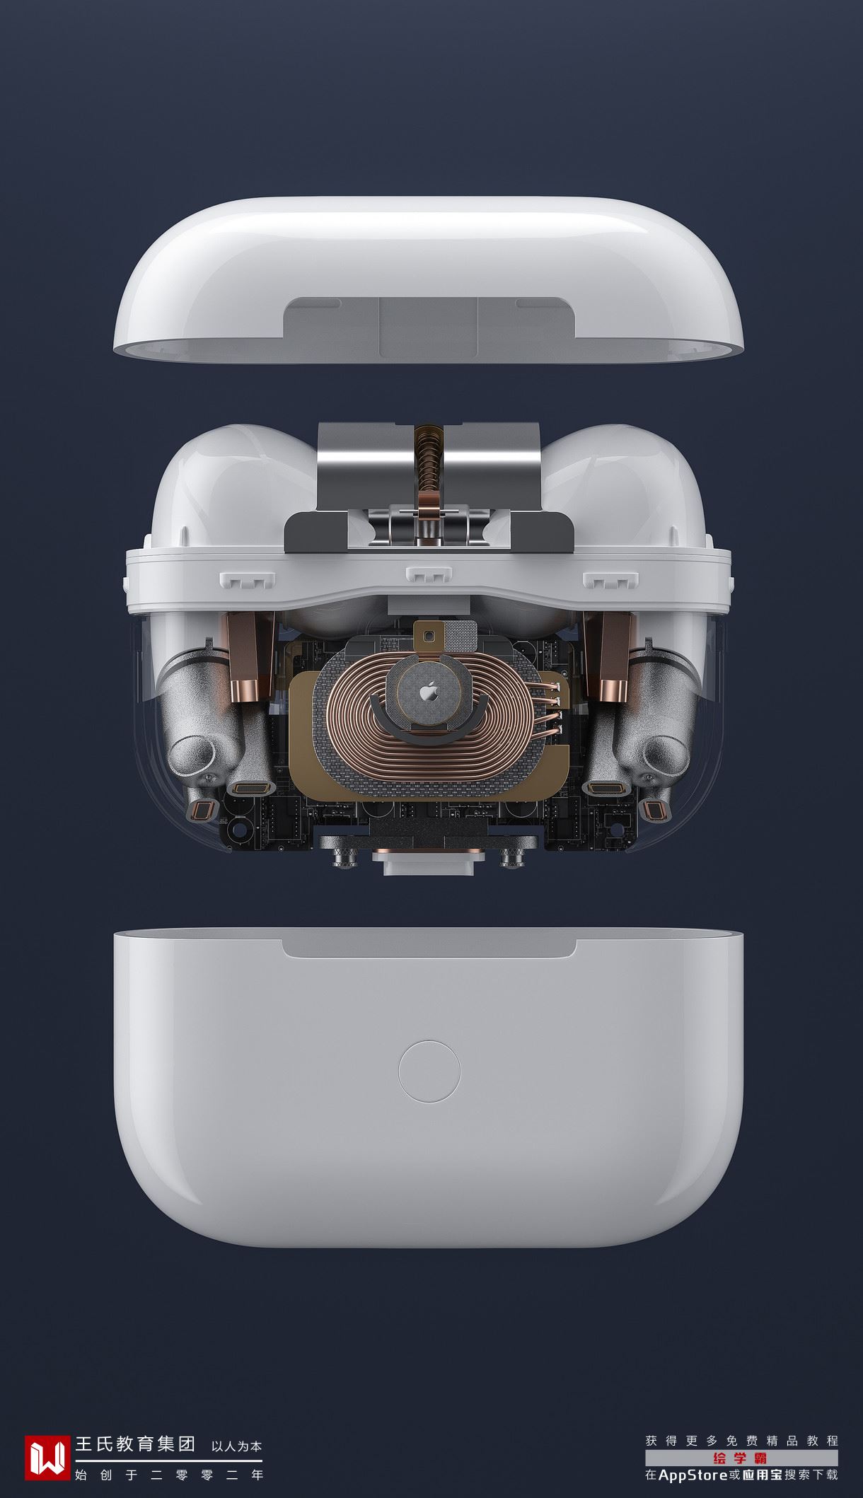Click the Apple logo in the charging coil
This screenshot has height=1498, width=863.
[x=428, y=692]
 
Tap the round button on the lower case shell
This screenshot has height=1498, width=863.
[x=429, y=1071]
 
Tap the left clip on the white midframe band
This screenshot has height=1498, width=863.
[x=248, y=580]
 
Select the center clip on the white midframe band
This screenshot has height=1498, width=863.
[x=429, y=574]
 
